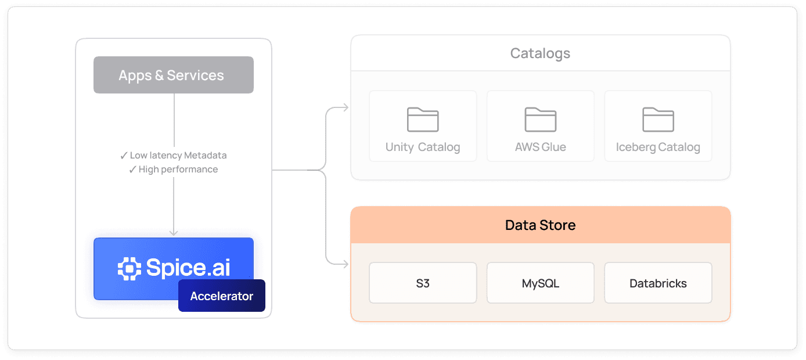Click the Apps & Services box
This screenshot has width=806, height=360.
coord(173,75)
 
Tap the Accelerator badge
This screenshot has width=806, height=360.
coord(221,296)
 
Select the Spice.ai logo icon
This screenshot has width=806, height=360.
coord(129,268)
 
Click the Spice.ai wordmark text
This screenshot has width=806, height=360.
coord(188,267)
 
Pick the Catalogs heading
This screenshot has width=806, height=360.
coord(540,53)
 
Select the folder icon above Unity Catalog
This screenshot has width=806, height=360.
coord(423,120)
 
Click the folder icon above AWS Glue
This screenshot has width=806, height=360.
coord(540,120)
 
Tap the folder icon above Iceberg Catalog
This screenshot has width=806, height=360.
coord(658,120)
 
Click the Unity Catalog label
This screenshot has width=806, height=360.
coord(423,147)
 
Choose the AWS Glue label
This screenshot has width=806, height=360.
coord(540,147)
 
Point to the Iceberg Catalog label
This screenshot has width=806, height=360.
coord(658,147)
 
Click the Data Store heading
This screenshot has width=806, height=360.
coord(540,225)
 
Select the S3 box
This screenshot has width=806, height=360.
coord(423,283)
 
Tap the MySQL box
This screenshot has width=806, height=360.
coord(540,283)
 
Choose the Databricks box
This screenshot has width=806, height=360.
coord(658,283)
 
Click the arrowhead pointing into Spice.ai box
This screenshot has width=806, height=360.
coord(173,232)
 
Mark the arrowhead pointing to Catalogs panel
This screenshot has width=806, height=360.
coord(346,107)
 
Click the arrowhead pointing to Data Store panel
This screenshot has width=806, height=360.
coord(346,264)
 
